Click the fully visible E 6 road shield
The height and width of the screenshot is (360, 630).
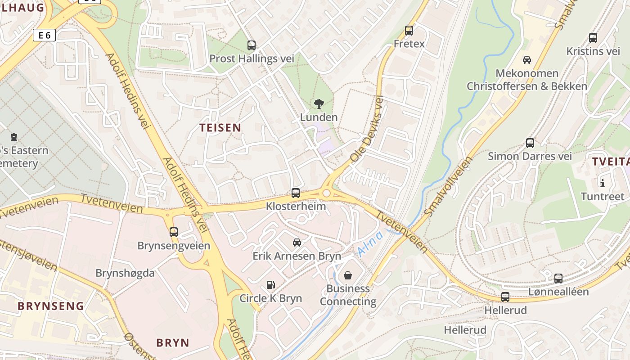pos(44,35)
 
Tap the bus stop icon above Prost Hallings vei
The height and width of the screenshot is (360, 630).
pos(252,45)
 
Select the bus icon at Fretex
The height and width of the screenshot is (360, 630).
pos(409,31)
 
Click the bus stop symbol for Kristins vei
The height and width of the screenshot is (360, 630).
pos(593,38)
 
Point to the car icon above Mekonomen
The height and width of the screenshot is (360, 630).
pos(526,59)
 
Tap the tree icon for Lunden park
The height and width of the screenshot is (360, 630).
pos(319,104)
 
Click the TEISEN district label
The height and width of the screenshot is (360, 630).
pos(220,128)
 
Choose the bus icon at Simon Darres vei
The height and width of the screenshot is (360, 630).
pos(530,143)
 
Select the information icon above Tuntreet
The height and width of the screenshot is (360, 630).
pos(603,183)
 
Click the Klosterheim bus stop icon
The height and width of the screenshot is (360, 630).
pos(296,193)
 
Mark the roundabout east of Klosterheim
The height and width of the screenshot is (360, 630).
pos(327,193)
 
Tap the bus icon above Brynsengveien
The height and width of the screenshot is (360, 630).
pos(174,232)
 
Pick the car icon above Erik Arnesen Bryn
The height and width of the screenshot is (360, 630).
pos(297,243)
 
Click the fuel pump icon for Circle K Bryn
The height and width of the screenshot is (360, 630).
pos(270,285)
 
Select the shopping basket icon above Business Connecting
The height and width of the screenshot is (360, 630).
pos(348,275)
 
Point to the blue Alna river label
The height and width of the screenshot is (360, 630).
pos(370,243)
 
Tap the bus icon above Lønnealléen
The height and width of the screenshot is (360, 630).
pos(558,278)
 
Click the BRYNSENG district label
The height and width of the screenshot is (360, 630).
pos(51,306)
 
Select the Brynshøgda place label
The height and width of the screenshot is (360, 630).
pos(125,273)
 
